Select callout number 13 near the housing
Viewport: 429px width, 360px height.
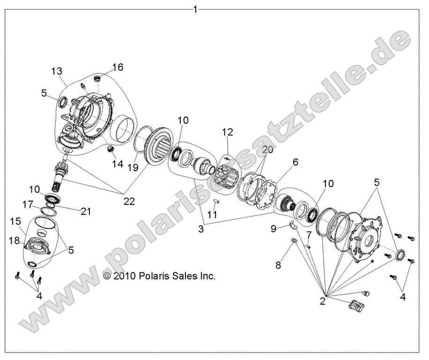(57, 71)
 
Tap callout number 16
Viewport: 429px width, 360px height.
(118, 67)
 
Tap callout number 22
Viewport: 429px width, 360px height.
(129, 201)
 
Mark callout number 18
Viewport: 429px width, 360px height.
(14, 240)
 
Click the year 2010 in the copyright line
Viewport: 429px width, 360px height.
(125, 276)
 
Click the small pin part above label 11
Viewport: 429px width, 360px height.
(216, 202)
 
